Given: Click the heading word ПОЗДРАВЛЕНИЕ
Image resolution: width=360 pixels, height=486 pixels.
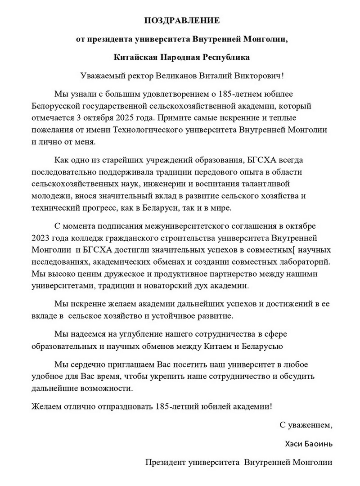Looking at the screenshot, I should click(182, 20).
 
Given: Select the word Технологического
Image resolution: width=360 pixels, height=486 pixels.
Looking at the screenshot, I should click(165, 130).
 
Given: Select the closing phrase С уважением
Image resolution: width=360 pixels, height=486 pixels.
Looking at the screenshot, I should click(306, 424).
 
